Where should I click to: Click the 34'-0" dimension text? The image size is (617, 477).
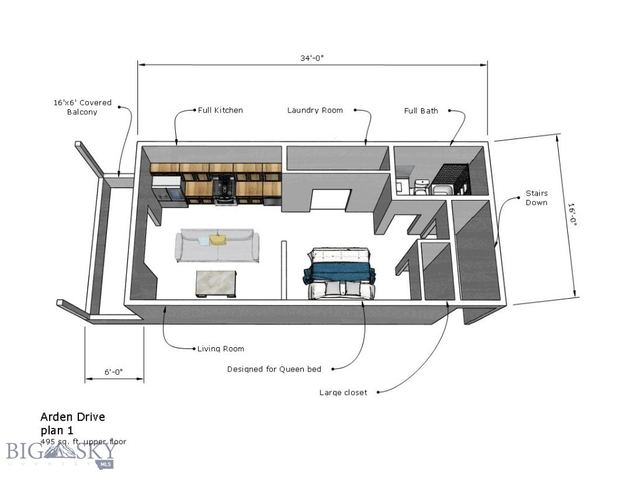pos(312,58)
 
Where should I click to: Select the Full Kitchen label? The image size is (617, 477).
pos(220,111)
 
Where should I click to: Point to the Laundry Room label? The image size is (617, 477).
pos(314,111)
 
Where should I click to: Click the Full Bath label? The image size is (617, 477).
pos(421,111)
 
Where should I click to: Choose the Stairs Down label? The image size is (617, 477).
pos(536,198)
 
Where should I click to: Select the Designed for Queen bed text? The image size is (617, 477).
pos(274,369)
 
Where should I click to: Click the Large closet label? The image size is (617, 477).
pos(343,393)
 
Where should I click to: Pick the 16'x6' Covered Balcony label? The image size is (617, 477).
pos(82,107)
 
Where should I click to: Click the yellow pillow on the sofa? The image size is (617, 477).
pos(217,240)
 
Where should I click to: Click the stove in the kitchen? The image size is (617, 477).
pos(224,189)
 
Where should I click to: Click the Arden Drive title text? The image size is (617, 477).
pos(72,417)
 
